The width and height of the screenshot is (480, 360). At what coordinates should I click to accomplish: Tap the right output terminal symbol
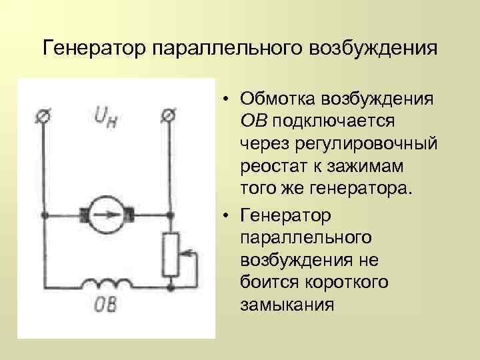[x=169, y=116]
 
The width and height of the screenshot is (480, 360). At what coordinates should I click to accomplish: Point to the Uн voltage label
[x=105, y=118]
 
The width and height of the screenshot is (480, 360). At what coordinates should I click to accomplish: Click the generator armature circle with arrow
[x=108, y=215]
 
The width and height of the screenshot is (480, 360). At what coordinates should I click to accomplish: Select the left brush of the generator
[x=85, y=215]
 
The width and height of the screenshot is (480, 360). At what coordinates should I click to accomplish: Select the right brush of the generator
[x=131, y=215]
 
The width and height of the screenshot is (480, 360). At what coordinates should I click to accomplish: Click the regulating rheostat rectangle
[x=169, y=255]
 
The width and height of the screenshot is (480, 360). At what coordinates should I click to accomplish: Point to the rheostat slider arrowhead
[x=185, y=253]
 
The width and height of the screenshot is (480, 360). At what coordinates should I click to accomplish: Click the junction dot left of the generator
[x=45, y=215]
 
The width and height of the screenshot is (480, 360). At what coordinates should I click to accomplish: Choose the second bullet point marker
[x=227, y=218]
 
